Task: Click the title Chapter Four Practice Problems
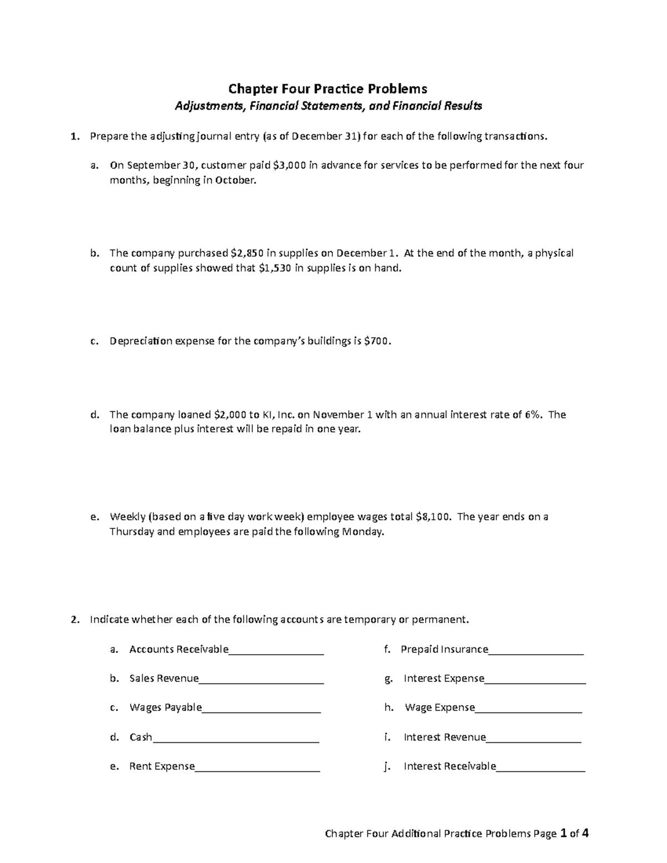pyautogui.click(x=328, y=89)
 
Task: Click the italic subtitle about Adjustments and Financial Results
pyautogui.click(x=328, y=106)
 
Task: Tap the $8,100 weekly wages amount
pyautogui.click(x=434, y=517)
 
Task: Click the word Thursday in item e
pyautogui.click(x=132, y=532)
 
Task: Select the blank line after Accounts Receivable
pyautogui.click(x=276, y=650)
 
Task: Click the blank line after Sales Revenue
pyautogui.click(x=261, y=679)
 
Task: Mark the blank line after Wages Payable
pyautogui.click(x=262, y=708)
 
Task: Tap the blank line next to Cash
pyautogui.click(x=236, y=738)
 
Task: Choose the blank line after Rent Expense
pyautogui.click(x=257, y=767)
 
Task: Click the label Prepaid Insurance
pyautogui.click(x=444, y=649)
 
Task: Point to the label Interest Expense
pyautogui.click(x=444, y=679)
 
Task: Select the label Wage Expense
pyautogui.click(x=440, y=707)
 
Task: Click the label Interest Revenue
pyautogui.click(x=445, y=737)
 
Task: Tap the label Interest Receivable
pyautogui.click(x=450, y=766)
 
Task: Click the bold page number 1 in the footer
pyautogui.click(x=564, y=834)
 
